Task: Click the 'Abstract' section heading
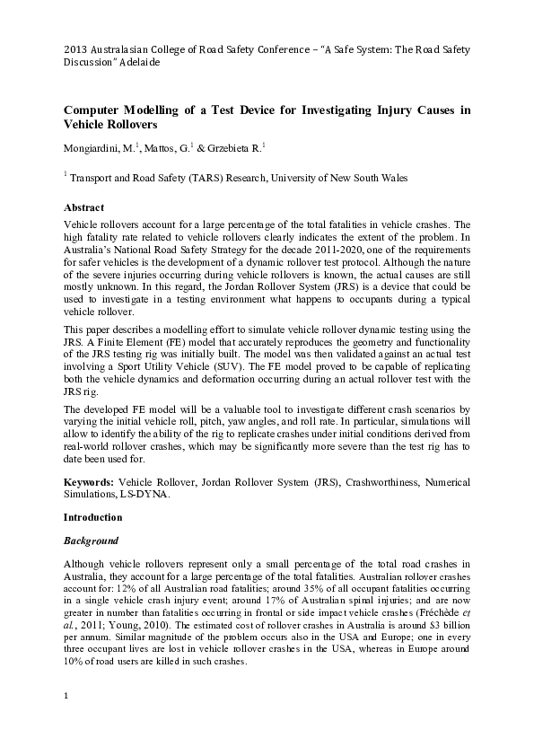(x=83, y=207)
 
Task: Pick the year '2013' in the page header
(x=76, y=50)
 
